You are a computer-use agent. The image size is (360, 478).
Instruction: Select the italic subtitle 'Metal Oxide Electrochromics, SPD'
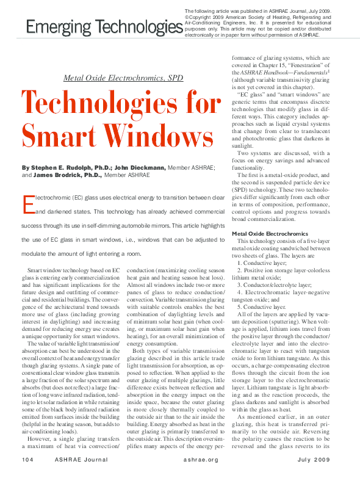click(122, 78)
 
